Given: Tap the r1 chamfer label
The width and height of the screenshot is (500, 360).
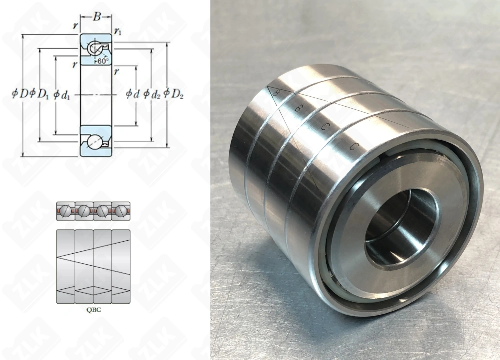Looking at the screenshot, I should pyautogui.click(x=118, y=32).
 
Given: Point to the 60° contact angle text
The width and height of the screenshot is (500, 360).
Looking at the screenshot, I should pyautogui.click(x=102, y=61).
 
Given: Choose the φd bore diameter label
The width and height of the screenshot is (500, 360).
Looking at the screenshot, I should pyautogui.click(x=132, y=93).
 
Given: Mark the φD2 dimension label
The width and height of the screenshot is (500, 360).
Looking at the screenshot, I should pyautogui.click(x=173, y=93).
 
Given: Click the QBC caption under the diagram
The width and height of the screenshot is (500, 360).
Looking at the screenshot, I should pyautogui.click(x=93, y=309).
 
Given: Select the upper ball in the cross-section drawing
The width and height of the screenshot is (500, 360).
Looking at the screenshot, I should pyautogui.click(x=94, y=49).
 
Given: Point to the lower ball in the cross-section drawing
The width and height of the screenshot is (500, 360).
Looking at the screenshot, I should pyautogui.click(x=94, y=142).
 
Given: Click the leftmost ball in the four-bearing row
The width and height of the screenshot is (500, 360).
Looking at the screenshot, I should pyautogui.click(x=66, y=211).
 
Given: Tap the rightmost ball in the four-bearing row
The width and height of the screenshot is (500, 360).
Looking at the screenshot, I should pyautogui.click(x=121, y=211).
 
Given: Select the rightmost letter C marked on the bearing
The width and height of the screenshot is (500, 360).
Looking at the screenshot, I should pyautogui.click(x=354, y=146).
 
